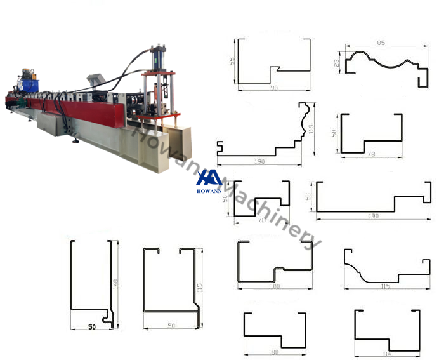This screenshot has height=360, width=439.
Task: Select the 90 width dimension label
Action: click(274, 88)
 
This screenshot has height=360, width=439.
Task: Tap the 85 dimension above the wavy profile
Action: click(381, 43)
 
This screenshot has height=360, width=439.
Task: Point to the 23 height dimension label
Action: click(336, 63)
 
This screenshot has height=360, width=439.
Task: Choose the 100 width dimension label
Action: click(275, 286)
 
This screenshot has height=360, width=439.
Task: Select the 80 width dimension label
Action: click(274, 351)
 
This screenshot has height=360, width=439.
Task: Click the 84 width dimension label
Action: click(388, 353)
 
